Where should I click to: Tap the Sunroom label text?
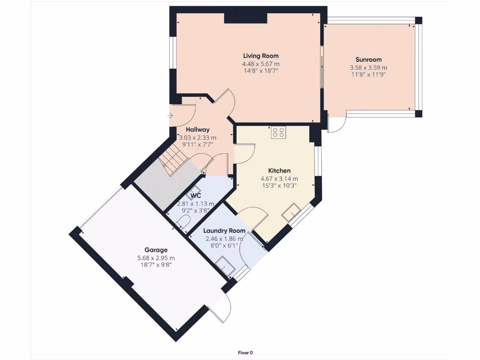[x=368, y=60]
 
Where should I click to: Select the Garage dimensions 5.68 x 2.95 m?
[x=156, y=258]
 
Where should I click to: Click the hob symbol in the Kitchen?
[x=278, y=133]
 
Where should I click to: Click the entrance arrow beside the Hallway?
[x=170, y=115]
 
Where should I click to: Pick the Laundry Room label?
[x=224, y=231]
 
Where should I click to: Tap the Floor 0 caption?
[x=245, y=352]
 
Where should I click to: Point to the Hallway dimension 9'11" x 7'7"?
[x=197, y=145]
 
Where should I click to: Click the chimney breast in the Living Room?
[x=245, y=18]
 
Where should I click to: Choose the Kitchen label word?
[x=279, y=171]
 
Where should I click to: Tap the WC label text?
[x=196, y=195]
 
